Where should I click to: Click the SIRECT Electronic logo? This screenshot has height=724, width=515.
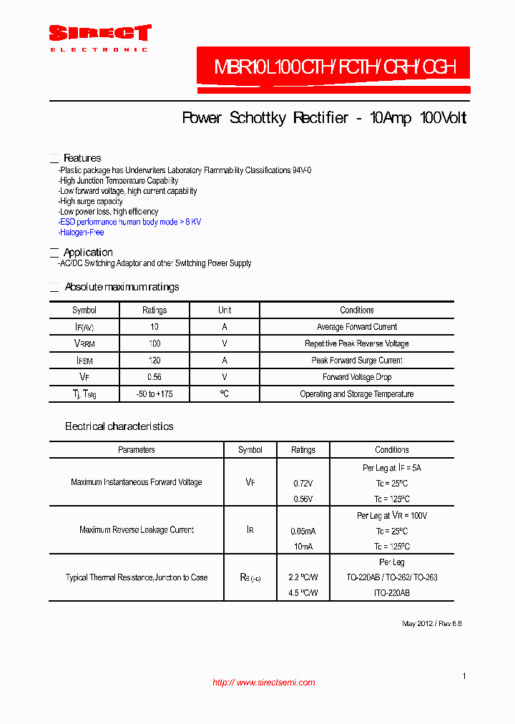pos(99,36)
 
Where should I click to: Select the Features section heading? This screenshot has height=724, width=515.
pos(82,158)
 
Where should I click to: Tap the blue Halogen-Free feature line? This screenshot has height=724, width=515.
pos(82,233)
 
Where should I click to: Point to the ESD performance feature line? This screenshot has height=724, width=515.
pos(130,222)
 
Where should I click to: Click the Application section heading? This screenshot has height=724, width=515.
pos(88,253)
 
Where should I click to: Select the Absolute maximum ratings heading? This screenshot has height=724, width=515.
pos(122,287)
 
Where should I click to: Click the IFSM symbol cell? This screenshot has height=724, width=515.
pos(84,361)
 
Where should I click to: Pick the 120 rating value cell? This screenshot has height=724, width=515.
pos(154,361)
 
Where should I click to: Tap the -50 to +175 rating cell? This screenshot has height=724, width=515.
pos(154,394)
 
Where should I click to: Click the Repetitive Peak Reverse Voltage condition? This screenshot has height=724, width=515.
pos(356,343)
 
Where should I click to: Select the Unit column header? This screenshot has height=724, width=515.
pos(225,310)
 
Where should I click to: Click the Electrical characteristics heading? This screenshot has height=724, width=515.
pos(119,426)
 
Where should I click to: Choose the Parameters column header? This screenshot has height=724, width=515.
pos(136,450)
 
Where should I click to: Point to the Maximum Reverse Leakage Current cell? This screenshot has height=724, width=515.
pos(136,530)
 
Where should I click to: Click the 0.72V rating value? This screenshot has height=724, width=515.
pos(303,484)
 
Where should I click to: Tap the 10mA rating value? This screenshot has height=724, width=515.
pos(303,547)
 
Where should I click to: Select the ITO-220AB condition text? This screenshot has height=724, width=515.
pos(392,593)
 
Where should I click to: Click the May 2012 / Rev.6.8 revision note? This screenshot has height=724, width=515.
pos(431,624)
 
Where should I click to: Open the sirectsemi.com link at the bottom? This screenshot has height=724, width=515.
pos(264,683)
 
